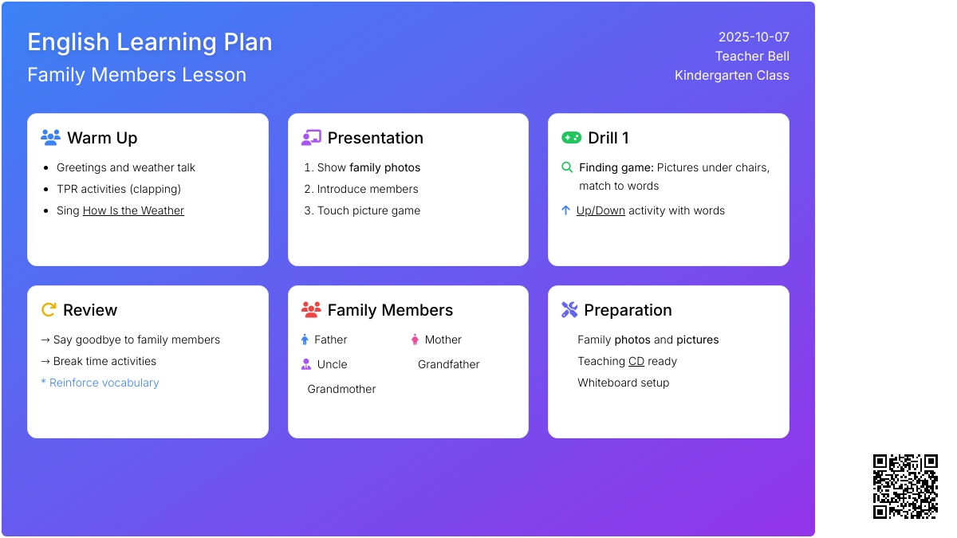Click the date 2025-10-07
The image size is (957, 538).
[x=754, y=37]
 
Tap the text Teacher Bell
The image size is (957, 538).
[x=752, y=57]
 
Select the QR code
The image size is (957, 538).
[x=905, y=487]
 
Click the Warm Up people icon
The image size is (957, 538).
[x=50, y=137]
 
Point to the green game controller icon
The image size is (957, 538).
[x=571, y=137]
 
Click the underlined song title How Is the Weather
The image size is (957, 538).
[x=133, y=210]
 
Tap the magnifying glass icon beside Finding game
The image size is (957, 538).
[x=566, y=167]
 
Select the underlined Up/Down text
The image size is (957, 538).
[x=601, y=210]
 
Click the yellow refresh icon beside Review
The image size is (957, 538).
[x=49, y=309]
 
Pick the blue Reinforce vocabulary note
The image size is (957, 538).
[x=100, y=383]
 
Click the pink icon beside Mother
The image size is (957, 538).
[x=415, y=340]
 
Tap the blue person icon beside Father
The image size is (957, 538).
[x=305, y=340]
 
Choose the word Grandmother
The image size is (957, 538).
[x=341, y=390]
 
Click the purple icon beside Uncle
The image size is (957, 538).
[x=306, y=364]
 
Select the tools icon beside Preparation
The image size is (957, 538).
[x=569, y=309]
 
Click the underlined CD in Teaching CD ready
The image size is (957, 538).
[x=636, y=361]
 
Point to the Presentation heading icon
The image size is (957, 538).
[x=311, y=137]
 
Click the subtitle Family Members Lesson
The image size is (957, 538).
[x=136, y=75]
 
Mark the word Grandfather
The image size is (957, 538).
[x=448, y=364]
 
